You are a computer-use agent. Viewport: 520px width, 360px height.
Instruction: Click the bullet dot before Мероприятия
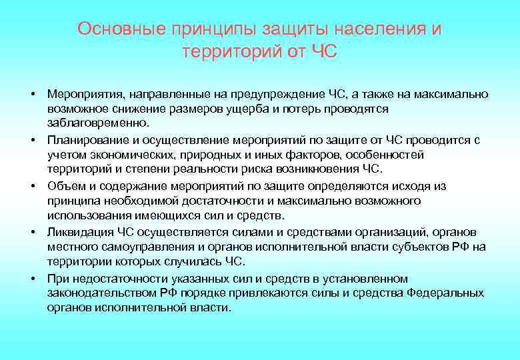pyautogui.click(x=32, y=93)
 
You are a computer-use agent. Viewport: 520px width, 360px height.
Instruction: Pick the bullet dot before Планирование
pyautogui.click(x=32, y=139)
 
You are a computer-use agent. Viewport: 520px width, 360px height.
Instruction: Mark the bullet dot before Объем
pyautogui.click(x=32, y=185)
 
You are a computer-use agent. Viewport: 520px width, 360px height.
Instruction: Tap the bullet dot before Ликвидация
pyautogui.click(x=32, y=231)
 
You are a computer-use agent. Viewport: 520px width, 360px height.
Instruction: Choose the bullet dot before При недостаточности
pyautogui.click(x=32, y=277)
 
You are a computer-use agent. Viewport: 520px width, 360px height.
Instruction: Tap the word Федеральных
pyautogui.click(x=445, y=293)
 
